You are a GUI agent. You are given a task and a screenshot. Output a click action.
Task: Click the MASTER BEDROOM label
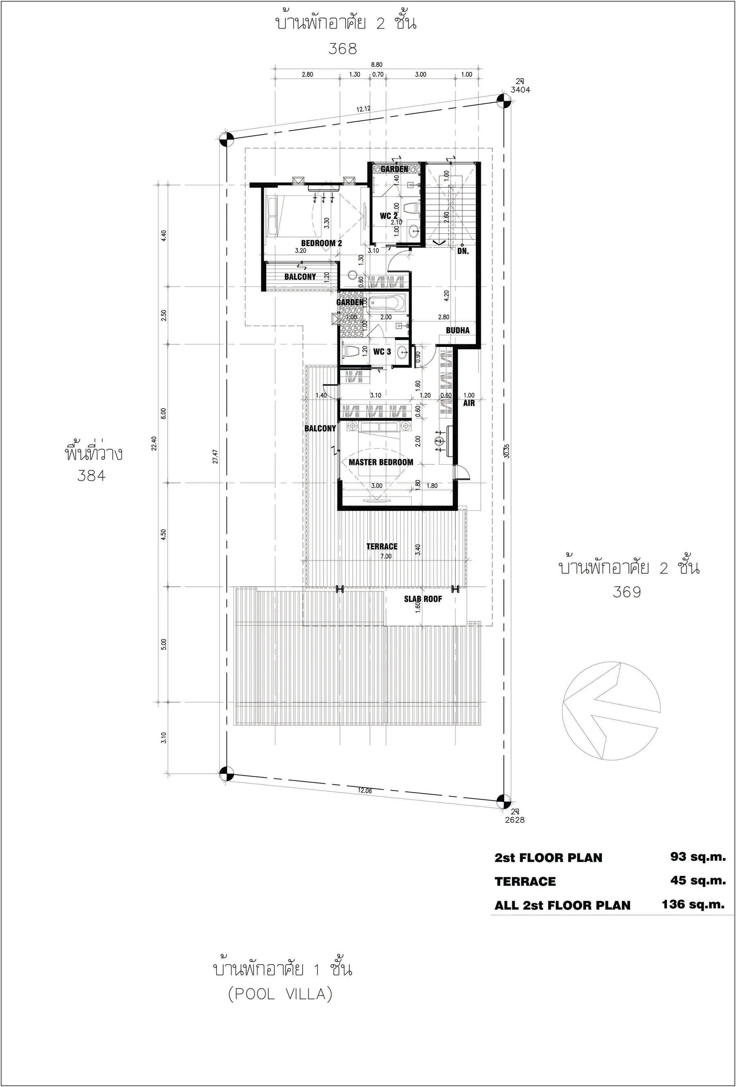(381, 462)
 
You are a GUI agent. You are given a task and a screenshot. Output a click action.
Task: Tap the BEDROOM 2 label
(321, 243)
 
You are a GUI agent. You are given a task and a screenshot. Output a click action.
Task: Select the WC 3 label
(382, 352)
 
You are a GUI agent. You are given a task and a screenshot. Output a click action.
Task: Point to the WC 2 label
(388, 216)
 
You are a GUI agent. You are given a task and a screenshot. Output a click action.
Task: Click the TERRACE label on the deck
(382, 546)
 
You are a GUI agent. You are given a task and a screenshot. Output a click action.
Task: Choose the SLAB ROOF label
(423, 599)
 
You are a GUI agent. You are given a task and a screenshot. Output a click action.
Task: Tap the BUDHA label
(457, 330)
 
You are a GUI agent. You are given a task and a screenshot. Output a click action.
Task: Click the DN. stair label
(463, 251)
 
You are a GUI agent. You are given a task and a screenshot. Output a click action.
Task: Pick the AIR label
(469, 403)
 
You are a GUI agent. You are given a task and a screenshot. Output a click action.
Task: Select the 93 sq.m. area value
(698, 857)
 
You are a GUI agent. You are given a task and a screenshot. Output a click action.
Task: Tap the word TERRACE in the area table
(525, 881)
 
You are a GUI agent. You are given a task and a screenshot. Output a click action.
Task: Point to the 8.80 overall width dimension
(376, 65)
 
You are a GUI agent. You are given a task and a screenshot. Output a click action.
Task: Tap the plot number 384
(91, 476)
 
